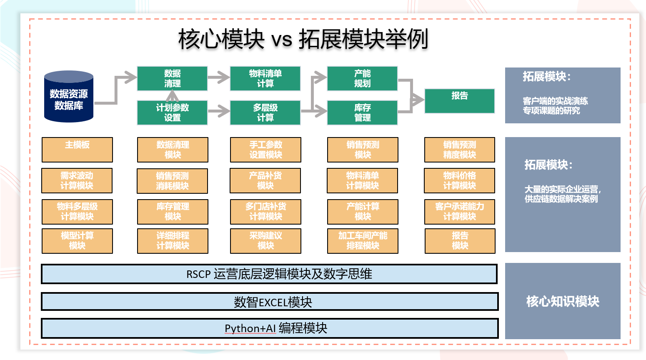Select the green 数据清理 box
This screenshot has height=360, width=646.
point(172,78)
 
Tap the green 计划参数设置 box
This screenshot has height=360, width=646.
point(172,112)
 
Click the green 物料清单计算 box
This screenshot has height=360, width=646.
point(265,78)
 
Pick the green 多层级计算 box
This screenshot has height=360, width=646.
point(265,112)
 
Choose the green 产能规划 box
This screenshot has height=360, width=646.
point(362,78)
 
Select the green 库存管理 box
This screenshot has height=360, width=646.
point(362,112)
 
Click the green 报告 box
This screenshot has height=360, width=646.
point(459,100)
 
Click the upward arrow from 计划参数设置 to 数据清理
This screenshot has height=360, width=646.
point(172,96)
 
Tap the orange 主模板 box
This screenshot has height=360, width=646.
point(77,150)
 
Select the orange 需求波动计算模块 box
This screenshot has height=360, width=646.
point(77,180)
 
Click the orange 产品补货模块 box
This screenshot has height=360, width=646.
point(265,180)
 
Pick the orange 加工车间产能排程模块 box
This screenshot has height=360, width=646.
point(363,241)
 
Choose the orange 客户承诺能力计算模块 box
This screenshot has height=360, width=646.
point(459,212)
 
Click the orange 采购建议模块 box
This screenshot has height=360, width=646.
point(265,241)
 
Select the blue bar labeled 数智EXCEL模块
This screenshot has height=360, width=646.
point(270,302)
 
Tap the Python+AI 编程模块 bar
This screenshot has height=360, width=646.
point(270,328)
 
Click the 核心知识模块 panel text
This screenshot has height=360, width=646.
point(562,301)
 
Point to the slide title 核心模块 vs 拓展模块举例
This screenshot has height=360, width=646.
point(303,39)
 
